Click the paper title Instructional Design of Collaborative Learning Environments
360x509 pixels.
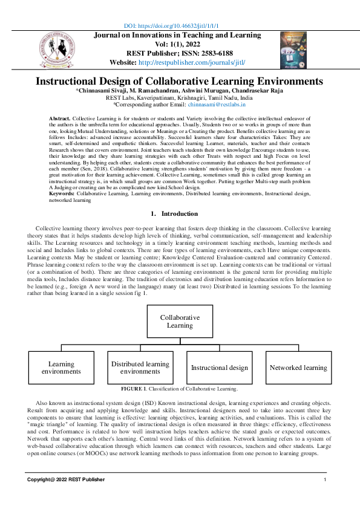[179, 81]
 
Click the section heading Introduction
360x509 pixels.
[179, 213]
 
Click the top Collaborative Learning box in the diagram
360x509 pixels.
[180, 321]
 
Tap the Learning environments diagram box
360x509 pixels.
[61, 368]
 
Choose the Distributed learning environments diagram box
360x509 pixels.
[140, 368]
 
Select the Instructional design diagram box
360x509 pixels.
[220, 368]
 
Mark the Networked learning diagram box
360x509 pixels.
[298, 368]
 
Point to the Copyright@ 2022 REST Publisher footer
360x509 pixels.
[65, 479]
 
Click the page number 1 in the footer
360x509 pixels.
[325, 479]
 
